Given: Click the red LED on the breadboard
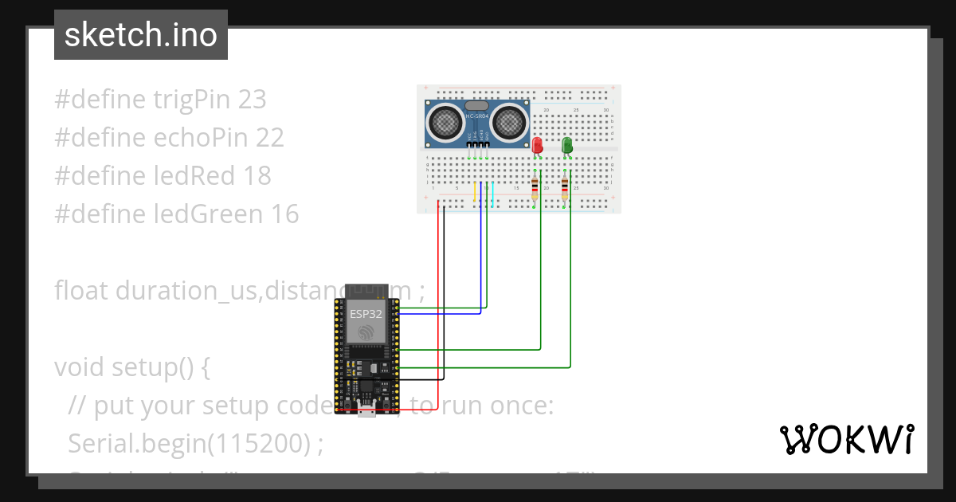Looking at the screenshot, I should pos(537,146).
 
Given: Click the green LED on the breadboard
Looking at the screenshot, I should pos(567,145).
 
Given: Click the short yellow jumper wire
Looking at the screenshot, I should pos(475,194).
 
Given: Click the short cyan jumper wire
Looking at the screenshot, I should pos(493,194).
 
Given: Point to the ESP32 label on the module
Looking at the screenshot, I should pos(366,314).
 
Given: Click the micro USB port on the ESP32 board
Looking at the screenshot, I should pos(366,412).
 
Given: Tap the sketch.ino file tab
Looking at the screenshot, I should pos(140,35).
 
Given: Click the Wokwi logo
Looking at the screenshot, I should pos(846,439).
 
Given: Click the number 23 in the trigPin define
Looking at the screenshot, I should pos(252,100).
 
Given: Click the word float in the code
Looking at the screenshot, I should pos(81,290).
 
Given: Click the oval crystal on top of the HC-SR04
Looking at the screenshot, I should pos(476,105).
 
